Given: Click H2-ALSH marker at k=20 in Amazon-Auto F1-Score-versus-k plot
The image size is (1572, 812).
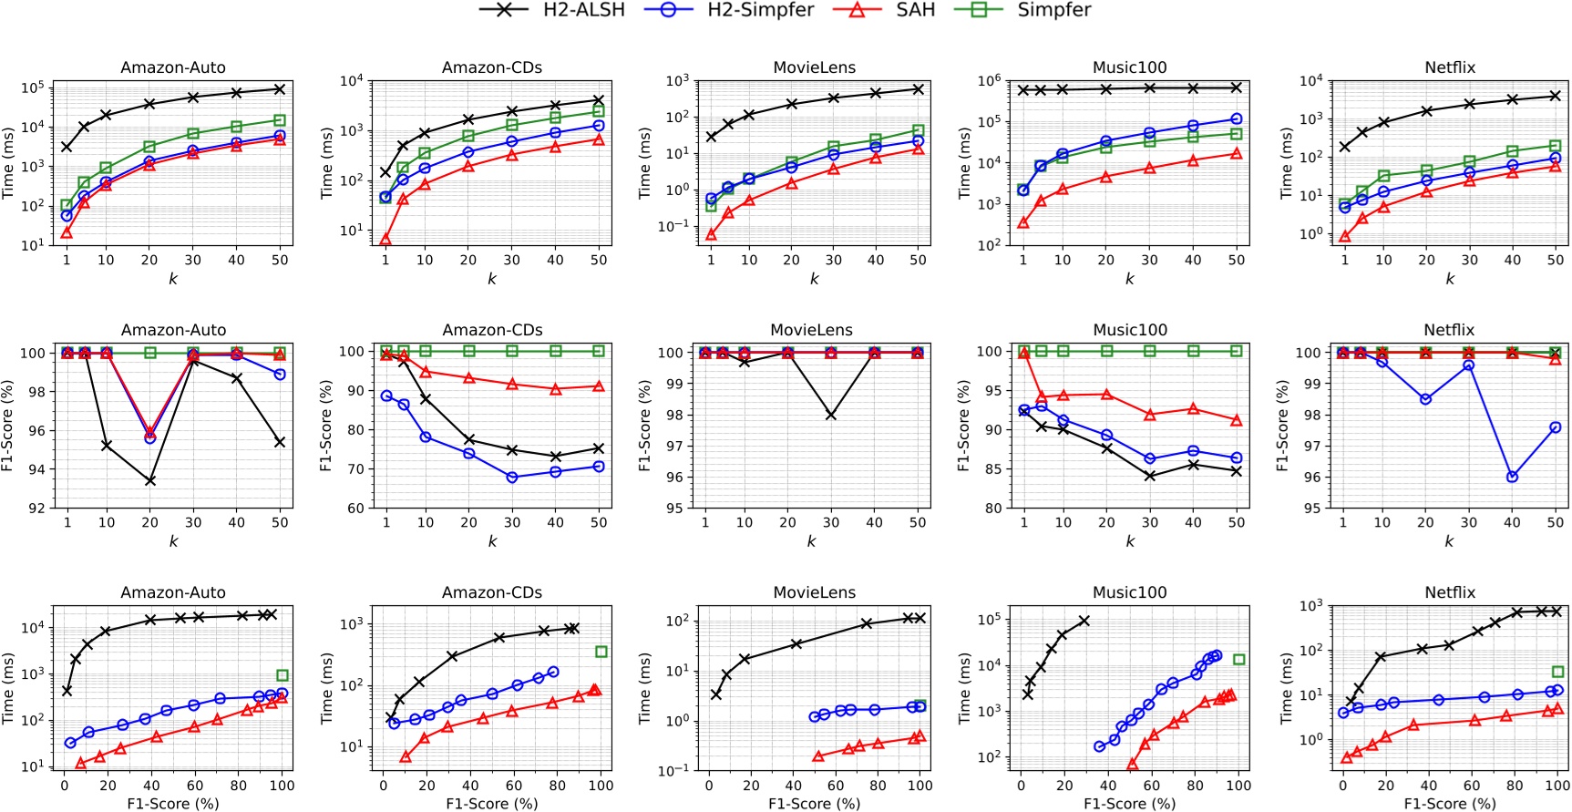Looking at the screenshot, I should pos(149,480).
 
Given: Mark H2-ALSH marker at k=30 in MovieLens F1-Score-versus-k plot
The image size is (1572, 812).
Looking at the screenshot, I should pos(831,415).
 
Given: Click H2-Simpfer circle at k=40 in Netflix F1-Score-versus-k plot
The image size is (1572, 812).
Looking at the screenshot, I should pos(1513,477).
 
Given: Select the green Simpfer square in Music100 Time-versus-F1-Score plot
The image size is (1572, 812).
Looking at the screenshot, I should pos(1239,659).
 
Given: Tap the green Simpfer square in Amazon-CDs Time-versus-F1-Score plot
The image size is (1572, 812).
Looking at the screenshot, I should pos(601,652).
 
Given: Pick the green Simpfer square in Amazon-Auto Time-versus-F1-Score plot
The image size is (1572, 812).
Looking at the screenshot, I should pos(283,675).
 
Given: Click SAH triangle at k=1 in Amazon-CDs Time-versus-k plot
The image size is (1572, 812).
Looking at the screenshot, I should pos(385,240).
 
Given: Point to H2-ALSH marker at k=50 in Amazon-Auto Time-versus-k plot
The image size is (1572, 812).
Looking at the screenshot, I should pos(280,89).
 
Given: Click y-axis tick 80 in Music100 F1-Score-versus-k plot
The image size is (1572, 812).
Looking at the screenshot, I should pos(992,509).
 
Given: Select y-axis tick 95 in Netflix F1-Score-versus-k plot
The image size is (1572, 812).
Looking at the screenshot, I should pos(1311,509).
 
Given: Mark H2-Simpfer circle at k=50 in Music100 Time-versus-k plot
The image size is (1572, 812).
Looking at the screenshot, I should pos(1237,118).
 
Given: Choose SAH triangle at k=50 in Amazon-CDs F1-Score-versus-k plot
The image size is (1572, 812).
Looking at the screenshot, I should pos(599,386).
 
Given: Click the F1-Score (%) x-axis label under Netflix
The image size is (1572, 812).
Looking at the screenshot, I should pos(1449,804).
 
